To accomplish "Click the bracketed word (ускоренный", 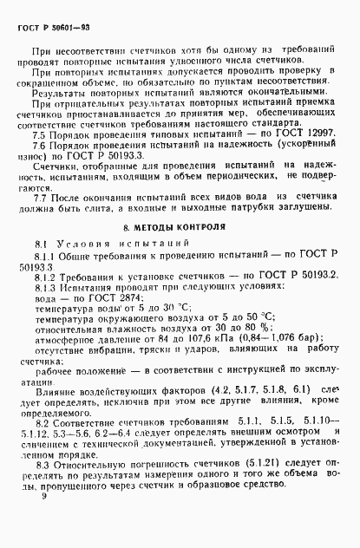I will point(304,149).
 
